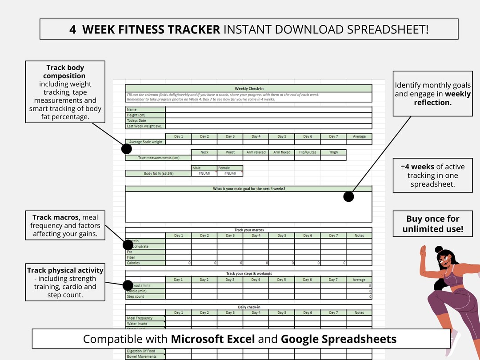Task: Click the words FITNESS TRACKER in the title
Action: [151, 29]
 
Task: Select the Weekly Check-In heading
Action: [248, 88]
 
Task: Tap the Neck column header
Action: [204, 152]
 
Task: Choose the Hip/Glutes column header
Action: [308, 152]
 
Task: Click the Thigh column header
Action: [333, 152]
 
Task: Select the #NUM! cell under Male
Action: [204, 173]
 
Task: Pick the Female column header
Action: [224, 168]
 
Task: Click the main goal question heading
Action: [248, 189]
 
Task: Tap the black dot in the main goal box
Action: [348, 196]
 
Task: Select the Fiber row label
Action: [131, 257]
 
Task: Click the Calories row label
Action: [133, 263]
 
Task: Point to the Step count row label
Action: [136, 296]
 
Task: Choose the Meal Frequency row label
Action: [140, 318]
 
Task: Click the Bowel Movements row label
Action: [141, 356]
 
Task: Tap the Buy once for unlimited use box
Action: [432, 224]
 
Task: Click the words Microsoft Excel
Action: [213, 339]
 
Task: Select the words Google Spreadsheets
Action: [339, 339]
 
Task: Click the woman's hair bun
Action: [439, 250]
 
